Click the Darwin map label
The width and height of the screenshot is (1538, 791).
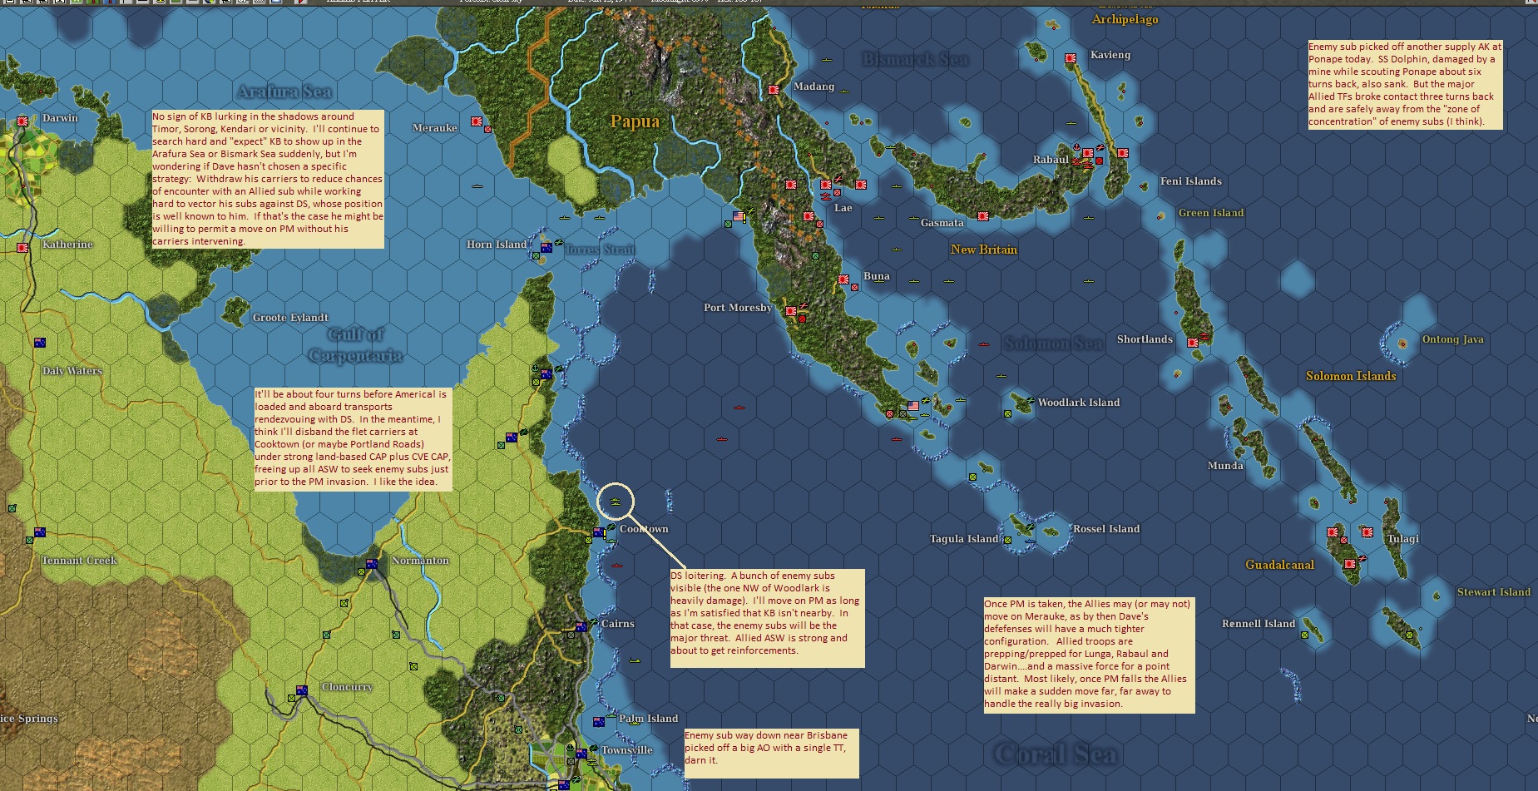coord(60,118)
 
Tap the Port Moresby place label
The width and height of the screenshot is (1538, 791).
coord(737,308)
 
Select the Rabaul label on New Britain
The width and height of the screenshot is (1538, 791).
coord(1051,160)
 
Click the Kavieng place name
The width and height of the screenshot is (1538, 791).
coord(1110,55)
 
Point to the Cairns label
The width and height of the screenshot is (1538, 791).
coord(617,624)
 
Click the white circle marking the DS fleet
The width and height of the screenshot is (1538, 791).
coord(616,502)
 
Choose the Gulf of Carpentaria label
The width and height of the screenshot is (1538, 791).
coord(356,345)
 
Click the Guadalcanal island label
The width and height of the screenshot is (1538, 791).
coord(1279,565)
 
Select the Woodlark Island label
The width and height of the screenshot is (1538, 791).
coord(1078,403)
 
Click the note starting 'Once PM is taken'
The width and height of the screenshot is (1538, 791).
coord(1088,655)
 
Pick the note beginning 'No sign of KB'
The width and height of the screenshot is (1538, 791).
coord(267,179)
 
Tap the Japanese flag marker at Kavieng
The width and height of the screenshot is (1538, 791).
coord(1071,58)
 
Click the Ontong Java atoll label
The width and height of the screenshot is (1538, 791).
coord(1452,339)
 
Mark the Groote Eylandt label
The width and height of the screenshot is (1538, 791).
coord(290,318)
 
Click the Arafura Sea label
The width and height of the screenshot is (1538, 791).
coord(284,92)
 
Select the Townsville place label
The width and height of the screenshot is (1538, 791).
coord(626,750)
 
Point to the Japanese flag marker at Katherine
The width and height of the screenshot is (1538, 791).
coord(23,248)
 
